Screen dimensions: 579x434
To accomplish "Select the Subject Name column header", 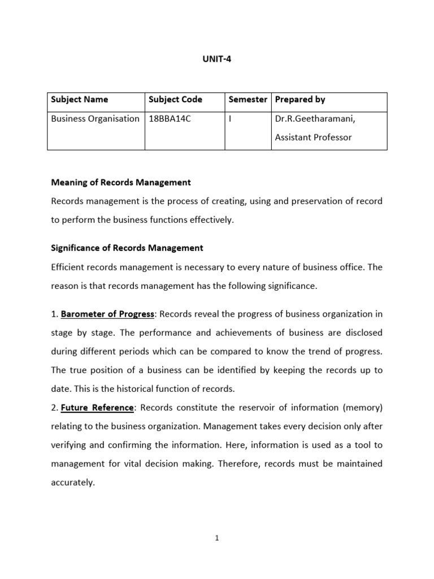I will (x=79, y=100).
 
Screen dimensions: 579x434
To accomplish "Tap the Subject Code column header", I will (x=175, y=100).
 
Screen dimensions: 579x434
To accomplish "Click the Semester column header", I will (x=248, y=100).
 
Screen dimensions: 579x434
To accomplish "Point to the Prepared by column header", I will (x=300, y=100).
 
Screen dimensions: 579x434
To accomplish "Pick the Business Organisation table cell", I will (x=95, y=119).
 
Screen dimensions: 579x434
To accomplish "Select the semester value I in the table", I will (x=230, y=119).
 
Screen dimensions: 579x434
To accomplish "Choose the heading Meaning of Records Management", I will (x=121, y=183).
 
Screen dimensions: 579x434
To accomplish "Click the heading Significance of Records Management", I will (x=127, y=248).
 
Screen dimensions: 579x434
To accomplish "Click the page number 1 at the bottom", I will (x=216, y=538).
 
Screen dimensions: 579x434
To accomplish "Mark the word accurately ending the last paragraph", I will (x=72, y=482).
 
